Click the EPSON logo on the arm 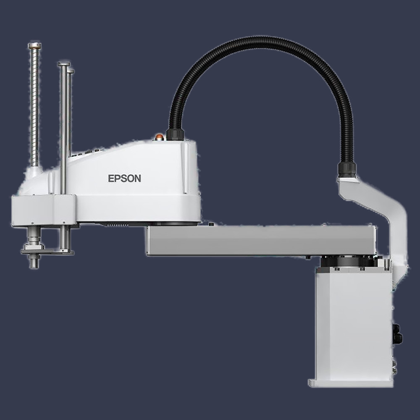(124, 178)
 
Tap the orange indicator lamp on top (159, 136)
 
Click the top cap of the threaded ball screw (34, 45)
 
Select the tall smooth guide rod (63, 126)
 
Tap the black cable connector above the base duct (347, 169)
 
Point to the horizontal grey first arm (260, 240)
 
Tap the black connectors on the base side (396, 334)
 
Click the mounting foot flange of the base (351, 383)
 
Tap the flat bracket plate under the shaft (46, 252)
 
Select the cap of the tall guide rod (64, 64)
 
